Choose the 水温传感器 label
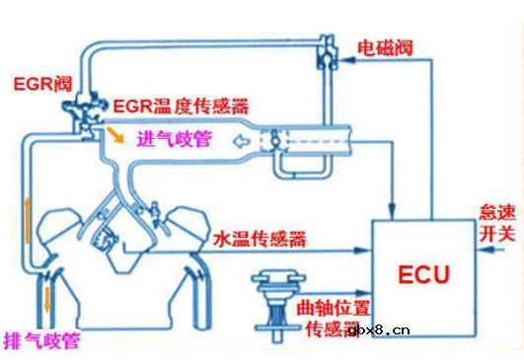click(x=259, y=240)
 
